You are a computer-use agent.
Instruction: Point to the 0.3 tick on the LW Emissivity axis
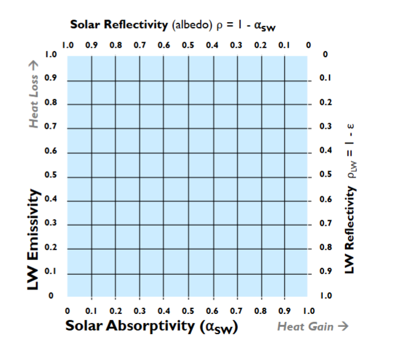(x=52, y=224)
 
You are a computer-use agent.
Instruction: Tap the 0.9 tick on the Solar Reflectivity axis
(x=91, y=45)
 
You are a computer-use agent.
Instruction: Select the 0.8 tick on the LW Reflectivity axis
(x=325, y=248)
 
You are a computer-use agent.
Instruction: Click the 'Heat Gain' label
(x=306, y=326)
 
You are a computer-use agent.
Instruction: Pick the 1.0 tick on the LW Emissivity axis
(x=52, y=55)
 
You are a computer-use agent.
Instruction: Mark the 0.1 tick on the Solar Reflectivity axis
(x=284, y=45)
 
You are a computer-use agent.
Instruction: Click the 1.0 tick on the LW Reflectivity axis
(x=325, y=296)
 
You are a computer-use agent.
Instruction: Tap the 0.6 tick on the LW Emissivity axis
(x=52, y=151)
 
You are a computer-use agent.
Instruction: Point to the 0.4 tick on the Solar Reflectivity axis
(x=212, y=45)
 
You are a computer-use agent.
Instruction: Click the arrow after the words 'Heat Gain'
(x=343, y=326)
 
